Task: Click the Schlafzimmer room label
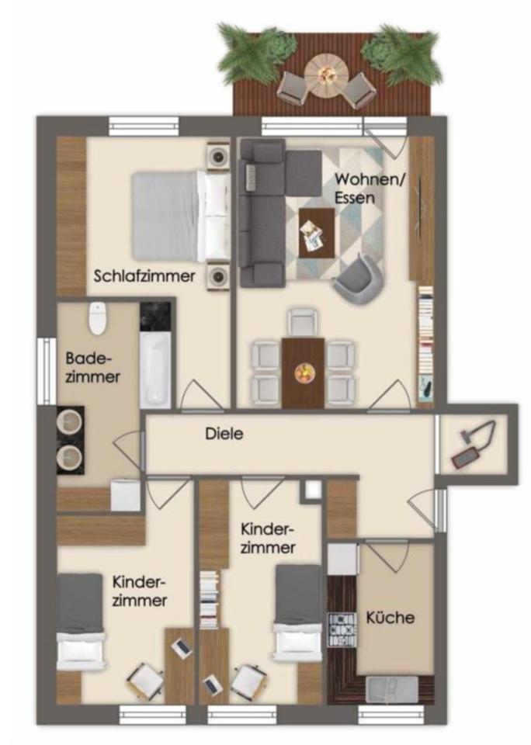pos(144,275)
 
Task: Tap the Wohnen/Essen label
pos(359,188)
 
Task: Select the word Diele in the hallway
pos(225,434)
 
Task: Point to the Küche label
pos(390,618)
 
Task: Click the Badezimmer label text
pos(93,368)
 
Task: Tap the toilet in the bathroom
pos(97,317)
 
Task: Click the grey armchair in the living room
pos(358,279)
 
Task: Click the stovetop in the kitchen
pos(342,630)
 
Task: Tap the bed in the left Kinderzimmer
pos(81,621)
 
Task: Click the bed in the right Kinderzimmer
pos(299,612)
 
